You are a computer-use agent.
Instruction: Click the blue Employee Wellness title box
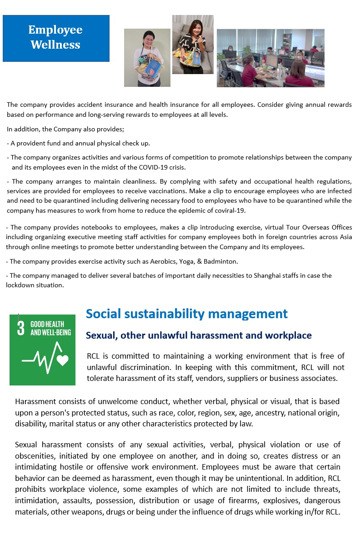coord(56,38)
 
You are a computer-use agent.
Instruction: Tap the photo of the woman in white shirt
coord(147,58)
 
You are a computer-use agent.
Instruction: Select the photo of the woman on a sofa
coord(193,44)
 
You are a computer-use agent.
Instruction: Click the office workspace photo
coord(270,58)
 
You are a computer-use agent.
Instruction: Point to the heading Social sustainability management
coord(186,314)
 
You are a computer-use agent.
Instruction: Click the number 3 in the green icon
coord(20,328)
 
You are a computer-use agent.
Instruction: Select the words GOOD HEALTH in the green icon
coord(47,324)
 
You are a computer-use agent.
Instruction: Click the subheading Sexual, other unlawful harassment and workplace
coord(199,335)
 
